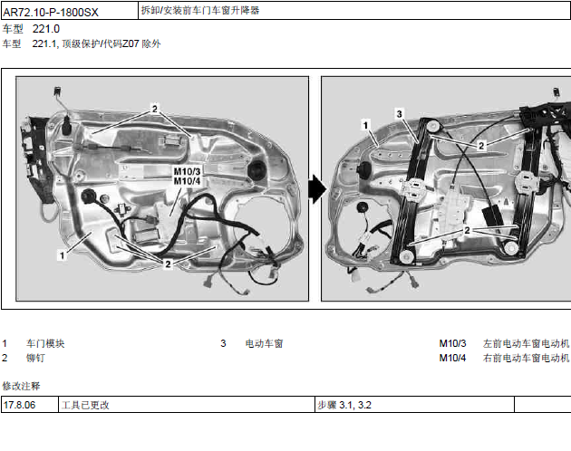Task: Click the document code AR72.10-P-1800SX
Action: pos(51,13)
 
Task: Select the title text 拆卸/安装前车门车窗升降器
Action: pos(200,11)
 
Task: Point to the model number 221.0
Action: pos(46,29)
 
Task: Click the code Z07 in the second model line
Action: pos(131,43)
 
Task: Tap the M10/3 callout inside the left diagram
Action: pos(187,171)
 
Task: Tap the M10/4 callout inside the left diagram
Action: pos(187,181)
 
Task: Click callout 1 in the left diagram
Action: pos(63,255)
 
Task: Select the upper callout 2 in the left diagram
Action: pos(155,109)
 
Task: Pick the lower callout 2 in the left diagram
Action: pos(168,264)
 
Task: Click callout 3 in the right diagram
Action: pos(400,114)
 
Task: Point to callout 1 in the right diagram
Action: pos(365,125)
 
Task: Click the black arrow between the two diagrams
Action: pos(317,189)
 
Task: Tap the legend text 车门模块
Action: pos(45,343)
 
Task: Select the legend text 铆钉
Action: pos(35,359)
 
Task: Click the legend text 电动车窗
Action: pos(264,343)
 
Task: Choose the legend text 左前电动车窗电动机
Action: pos(526,343)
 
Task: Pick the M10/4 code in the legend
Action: pos(452,359)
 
